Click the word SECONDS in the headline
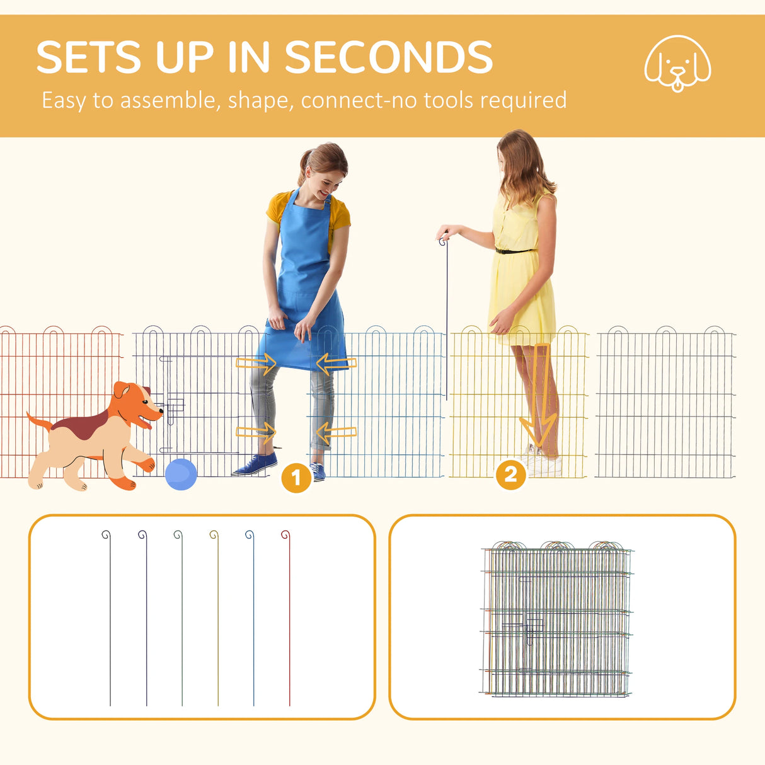(388, 58)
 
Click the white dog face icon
(677, 63)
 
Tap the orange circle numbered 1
(296, 478)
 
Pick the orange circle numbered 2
(510, 475)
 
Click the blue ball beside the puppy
(181, 474)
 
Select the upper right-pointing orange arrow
(256, 363)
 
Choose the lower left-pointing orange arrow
(336, 432)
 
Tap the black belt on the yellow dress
(513, 251)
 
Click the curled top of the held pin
(444, 241)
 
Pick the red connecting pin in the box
(289, 618)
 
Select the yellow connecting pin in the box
(217, 618)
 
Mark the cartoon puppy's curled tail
(38, 420)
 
